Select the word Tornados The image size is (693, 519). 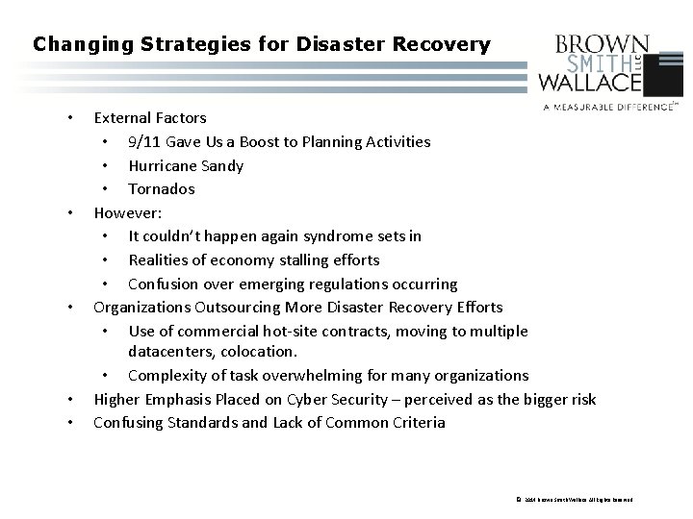pyautogui.click(x=162, y=189)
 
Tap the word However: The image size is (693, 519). pyautogui.click(x=127, y=212)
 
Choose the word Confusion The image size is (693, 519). pyautogui.click(x=165, y=284)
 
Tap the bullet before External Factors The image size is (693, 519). pyautogui.click(x=69, y=118)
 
